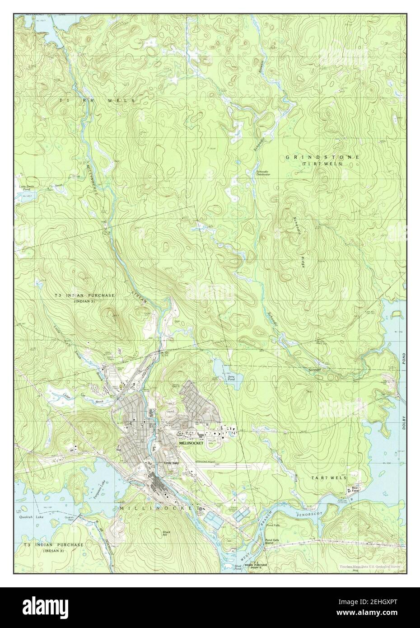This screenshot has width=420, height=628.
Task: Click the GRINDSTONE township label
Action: [322, 157]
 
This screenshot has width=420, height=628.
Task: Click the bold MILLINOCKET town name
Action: [192, 444]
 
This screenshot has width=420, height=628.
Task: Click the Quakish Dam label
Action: [70, 519]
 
